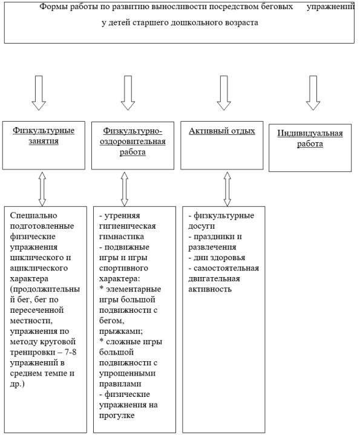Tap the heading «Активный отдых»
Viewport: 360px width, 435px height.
tap(222, 131)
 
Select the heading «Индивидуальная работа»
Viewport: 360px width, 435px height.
tap(310, 139)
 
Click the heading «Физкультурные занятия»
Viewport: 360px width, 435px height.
tap(44, 136)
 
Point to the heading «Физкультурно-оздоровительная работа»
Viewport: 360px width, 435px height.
tap(133, 141)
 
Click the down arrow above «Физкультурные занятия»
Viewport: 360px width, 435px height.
tap(39, 93)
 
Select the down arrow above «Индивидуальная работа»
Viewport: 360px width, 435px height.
tap(313, 93)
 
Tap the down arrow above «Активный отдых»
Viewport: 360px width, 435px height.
tap(224, 93)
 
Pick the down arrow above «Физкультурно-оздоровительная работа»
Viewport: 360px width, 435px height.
tap(128, 93)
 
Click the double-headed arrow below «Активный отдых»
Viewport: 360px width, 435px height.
tap(227, 189)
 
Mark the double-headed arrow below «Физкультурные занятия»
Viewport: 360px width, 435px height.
tap(42, 189)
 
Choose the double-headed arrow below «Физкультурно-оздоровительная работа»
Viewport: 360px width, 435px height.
tap(125, 189)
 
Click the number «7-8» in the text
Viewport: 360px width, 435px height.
tap(70, 352)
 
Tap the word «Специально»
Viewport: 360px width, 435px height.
tap(33, 215)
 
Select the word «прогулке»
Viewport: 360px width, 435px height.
tap(117, 416)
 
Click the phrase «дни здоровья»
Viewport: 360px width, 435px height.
tap(220, 258)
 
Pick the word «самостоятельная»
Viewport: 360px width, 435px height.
tap(226, 268)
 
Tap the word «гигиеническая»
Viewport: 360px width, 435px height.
tap(127, 226)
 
